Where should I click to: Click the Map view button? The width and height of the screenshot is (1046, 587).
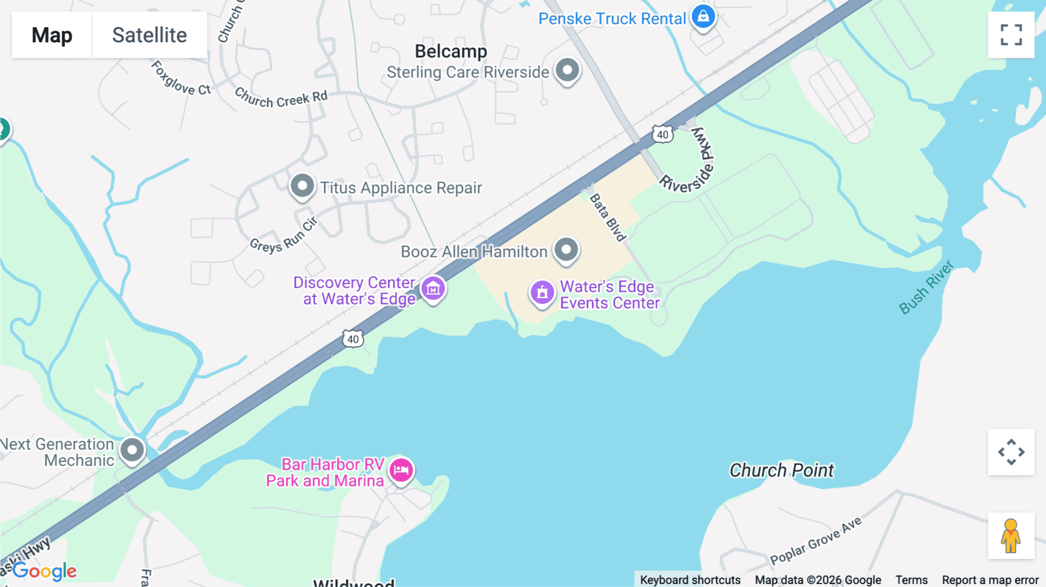coord(52,35)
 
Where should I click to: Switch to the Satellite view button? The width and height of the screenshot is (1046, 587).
coord(149,35)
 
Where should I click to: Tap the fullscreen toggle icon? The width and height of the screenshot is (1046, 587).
coord(1011,35)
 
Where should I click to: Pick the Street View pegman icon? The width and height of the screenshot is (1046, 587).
coord(1011,536)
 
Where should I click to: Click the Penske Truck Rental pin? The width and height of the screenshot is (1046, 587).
coord(703,17)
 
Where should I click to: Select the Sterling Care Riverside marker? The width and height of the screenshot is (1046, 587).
coord(567,70)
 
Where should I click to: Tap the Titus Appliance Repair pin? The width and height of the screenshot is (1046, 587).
coord(302,186)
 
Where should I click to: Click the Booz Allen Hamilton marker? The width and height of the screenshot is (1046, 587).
coord(566,250)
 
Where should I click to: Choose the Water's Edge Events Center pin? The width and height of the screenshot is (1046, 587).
coord(542,292)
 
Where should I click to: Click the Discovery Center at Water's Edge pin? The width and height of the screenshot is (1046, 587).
coord(433,288)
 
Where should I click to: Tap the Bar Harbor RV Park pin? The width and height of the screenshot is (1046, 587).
coord(401,470)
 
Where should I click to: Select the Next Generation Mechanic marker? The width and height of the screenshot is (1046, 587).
coord(132,450)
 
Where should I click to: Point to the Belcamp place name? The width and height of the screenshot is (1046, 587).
coord(451,51)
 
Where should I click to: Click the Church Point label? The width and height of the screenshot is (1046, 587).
coord(781,470)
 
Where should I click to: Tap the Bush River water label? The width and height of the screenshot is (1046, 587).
coord(926,288)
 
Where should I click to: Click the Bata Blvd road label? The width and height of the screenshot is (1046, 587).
coord(608,217)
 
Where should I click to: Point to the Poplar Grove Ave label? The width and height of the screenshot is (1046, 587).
coord(816,541)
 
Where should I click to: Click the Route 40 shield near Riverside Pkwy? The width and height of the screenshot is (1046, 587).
coord(662,134)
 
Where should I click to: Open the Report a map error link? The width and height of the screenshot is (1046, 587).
coord(990,580)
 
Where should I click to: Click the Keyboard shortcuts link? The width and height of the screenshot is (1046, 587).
coord(690,580)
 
